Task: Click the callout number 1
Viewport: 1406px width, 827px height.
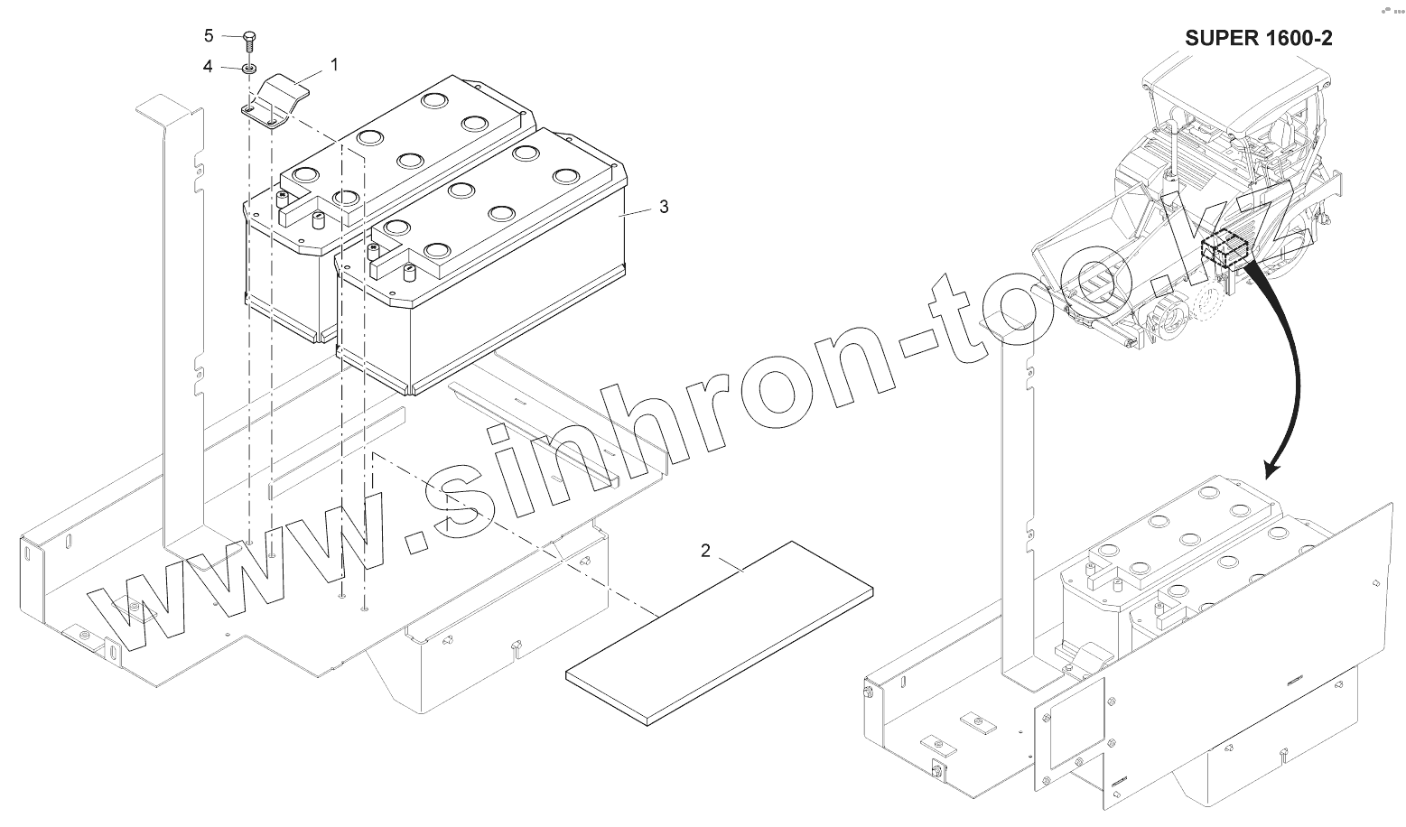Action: pyautogui.click(x=334, y=65)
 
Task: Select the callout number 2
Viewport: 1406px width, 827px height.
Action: pyautogui.click(x=706, y=550)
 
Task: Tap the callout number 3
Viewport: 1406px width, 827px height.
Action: pyautogui.click(x=664, y=207)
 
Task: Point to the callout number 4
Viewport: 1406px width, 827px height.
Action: pyautogui.click(x=208, y=67)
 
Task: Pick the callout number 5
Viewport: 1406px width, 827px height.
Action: pyautogui.click(x=209, y=36)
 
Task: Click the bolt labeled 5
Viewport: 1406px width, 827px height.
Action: pyautogui.click(x=250, y=40)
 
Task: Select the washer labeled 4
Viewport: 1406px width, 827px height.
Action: pyautogui.click(x=250, y=68)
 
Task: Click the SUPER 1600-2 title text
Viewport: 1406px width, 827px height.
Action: pyautogui.click(x=1258, y=38)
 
